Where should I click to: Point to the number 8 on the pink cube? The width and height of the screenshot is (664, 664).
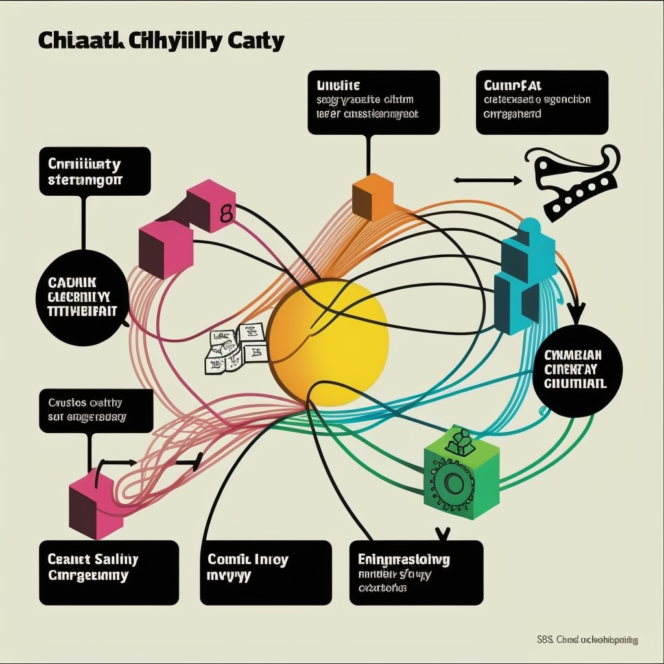[x=226, y=214]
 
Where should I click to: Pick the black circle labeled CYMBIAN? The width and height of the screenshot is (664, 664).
[x=573, y=370]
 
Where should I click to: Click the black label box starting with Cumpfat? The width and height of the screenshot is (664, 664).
[x=542, y=102]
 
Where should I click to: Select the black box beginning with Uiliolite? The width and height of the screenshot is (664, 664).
[x=373, y=102]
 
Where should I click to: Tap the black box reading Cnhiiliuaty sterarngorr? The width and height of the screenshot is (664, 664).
[x=95, y=171]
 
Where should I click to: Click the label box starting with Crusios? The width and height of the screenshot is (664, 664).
[x=96, y=410]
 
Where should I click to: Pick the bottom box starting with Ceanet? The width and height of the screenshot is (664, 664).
[x=108, y=572]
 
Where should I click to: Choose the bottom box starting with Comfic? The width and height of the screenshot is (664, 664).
[x=266, y=572]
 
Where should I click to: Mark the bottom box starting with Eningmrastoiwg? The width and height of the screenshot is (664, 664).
[x=416, y=572]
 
